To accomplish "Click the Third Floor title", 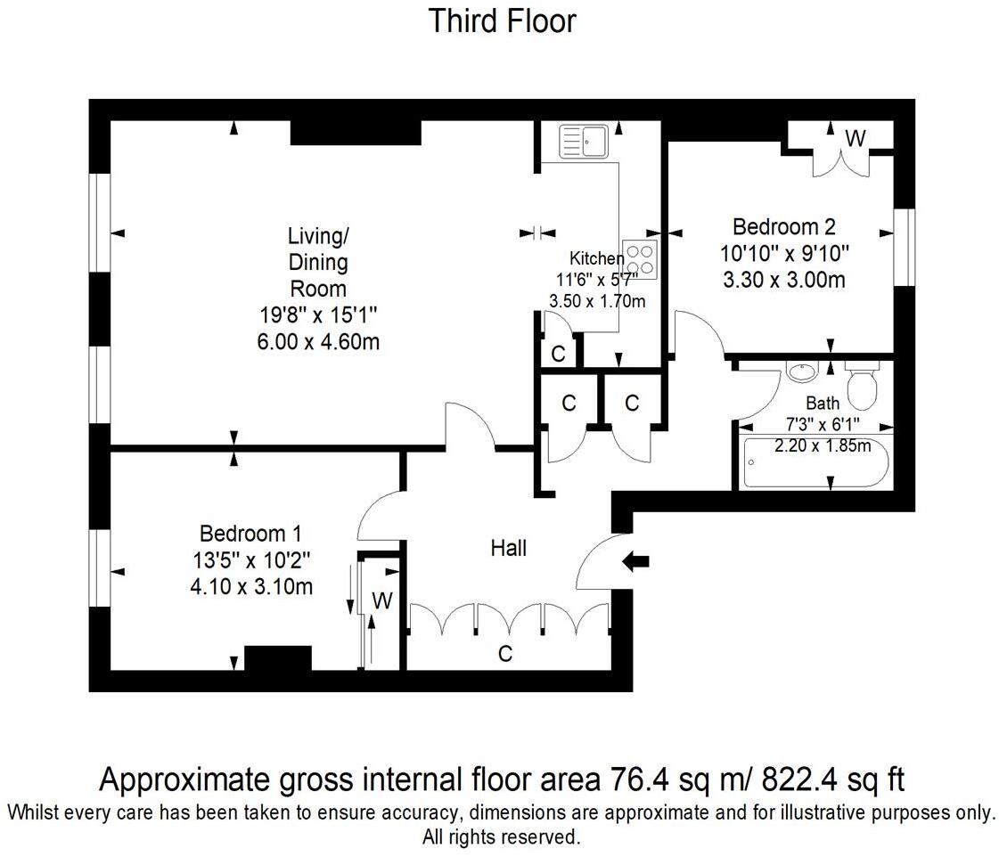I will pos(502,20).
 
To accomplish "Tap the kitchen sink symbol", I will pos(583,141).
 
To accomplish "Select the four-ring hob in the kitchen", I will pos(639,259).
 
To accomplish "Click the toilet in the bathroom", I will pos(862,384).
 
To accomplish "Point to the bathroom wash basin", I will pos(802,371).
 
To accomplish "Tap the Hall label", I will pos(508,548).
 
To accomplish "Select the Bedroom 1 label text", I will pos(250,534).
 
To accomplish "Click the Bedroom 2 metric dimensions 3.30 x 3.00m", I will pos(784,281).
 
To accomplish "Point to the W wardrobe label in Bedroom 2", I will pos(855,138).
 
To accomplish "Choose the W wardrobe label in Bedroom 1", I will pos(381,601).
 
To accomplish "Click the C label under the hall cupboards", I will pos(505,655).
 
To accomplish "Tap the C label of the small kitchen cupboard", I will pos(558,354).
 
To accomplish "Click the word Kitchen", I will pos(597,258).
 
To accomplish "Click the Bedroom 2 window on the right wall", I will pos(905,247).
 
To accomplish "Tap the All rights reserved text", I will pos(501,837).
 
